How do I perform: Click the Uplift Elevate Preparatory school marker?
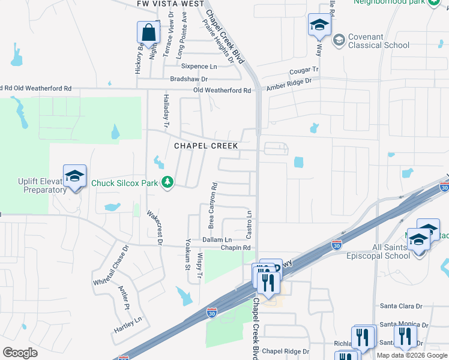tap(75, 176)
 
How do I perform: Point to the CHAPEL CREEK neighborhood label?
tap(206, 146)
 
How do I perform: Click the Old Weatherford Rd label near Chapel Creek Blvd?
tap(222, 91)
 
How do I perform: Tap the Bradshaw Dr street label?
tap(188, 79)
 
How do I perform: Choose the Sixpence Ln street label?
tap(199, 67)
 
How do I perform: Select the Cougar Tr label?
tap(303, 71)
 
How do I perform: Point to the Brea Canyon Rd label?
tap(212, 206)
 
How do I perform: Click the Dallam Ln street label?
tap(216, 239)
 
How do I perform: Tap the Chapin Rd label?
tap(235, 247)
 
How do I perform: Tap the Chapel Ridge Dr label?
tap(285, 352)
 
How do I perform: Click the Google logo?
tap(20, 353)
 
